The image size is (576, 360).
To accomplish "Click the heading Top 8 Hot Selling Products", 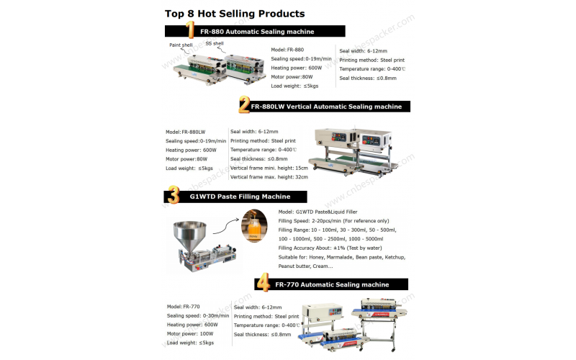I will pyautogui.click(x=235, y=13).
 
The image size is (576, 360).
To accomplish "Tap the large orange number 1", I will pyautogui.click(x=190, y=30).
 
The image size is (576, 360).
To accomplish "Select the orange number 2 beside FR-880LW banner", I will pyautogui.click(x=245, y=106).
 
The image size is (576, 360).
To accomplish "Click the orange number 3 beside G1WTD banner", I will pyautogui.click(x=174, y=195).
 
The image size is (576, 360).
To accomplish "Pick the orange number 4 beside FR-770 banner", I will pyautogui.click(x=264, y=283).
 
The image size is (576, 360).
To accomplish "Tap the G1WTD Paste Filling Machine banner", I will pyautogui.click(x=240, y=197).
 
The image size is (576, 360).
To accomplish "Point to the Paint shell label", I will pyautogui.click(x=181, y=45).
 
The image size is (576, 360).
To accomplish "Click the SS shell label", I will pyautogui.click(x=215, y=43).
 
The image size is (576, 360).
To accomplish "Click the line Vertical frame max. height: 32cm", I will pyautogui.click(x=269, y=177).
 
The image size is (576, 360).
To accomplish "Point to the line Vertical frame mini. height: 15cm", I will pyautogui.click(x=269, y=168).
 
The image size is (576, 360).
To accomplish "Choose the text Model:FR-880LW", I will pyautogui.click(x=186, y=132).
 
